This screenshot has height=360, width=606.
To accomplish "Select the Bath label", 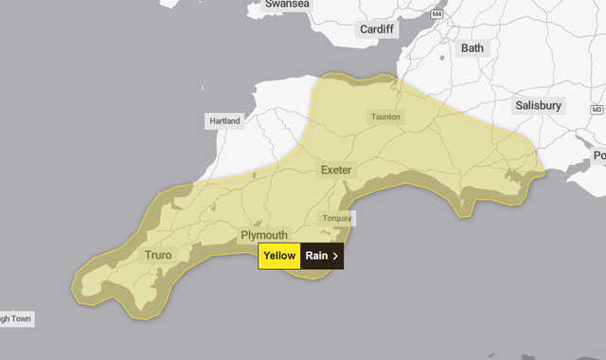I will click(472, 47).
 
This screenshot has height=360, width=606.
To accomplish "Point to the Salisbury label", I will click(539, 106).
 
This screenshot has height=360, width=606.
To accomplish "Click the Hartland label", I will click(224, 120).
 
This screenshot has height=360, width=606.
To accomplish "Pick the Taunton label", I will click(385, 117).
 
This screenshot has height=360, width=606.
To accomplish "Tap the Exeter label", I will click(336, 170).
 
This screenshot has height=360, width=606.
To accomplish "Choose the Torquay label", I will click(336, 218).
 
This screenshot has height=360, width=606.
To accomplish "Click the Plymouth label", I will click(264, 234).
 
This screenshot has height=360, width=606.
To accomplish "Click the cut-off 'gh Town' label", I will click(16, 319).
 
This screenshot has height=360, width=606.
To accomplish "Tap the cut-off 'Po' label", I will click(598, 155).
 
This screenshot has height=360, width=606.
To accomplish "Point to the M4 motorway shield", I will click(437, 14).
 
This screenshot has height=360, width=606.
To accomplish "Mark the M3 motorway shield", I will click(596, 110).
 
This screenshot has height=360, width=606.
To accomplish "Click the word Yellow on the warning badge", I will click(279, 256).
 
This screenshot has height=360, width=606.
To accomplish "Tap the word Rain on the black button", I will click(316, 256).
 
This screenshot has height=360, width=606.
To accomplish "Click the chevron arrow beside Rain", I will click(335, 256).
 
